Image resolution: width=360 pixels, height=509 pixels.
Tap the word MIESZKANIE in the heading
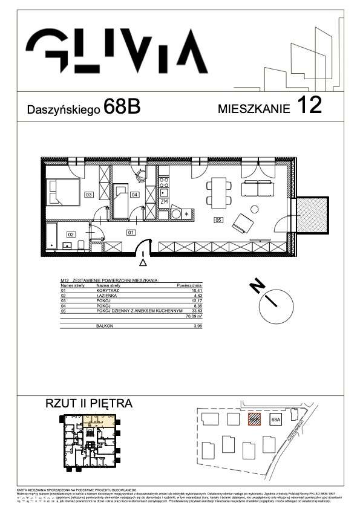(x=254, y=109)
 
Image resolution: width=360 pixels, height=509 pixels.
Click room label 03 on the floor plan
(x=88, y=195)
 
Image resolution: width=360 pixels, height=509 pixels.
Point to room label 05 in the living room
(x=218, y=221)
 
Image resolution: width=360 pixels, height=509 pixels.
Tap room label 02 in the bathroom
(x=71, y=233)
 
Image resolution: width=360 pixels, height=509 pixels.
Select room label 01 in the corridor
(x=129, y=232)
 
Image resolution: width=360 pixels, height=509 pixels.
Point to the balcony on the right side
(x=313, y=215)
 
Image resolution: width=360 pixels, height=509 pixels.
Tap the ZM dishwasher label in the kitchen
(x=164, y=201)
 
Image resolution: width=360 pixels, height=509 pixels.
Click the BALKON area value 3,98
(x=195, y=326)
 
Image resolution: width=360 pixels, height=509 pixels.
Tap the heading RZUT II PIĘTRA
(x=88, y=403)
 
